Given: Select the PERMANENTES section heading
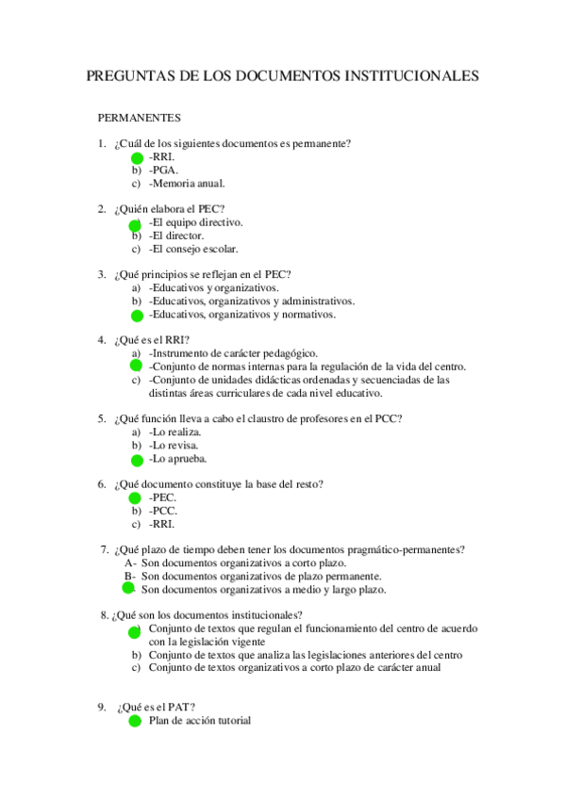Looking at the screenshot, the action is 140,119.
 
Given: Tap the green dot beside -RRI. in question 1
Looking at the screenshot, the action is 137,157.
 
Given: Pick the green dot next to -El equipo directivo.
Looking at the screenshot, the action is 135,225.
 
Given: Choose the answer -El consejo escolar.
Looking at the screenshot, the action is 193,249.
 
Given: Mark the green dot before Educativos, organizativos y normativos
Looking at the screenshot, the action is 137,316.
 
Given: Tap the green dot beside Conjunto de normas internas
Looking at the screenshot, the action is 136,366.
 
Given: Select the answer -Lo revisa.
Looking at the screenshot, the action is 174,445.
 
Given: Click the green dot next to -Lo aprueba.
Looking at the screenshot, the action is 137,460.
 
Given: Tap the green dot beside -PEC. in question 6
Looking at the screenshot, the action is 137,497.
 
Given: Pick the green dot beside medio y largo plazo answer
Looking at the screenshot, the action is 129,587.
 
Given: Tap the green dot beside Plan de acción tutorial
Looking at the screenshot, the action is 135,723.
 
